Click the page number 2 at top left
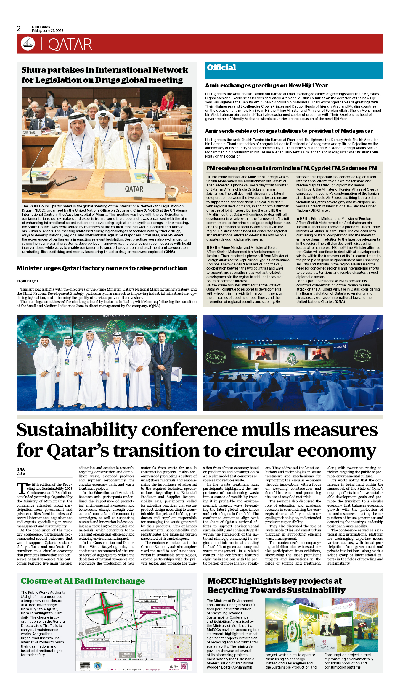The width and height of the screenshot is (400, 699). pos(19,29)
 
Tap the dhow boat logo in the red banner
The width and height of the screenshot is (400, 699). pos(28,43)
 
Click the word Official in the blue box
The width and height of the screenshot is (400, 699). pos(221,68)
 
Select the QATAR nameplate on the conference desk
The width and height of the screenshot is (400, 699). pos(134,189)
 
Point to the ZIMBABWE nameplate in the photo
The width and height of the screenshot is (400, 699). pos(29,133)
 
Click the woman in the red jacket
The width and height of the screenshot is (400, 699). pos(167,101)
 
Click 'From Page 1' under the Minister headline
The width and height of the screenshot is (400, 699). pos(27,281)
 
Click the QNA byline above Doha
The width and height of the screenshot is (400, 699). pos(20,469)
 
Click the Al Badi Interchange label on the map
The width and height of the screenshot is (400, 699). pos(151,612)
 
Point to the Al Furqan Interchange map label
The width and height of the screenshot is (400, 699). pos(93,648)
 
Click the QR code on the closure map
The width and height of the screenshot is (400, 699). pos(184,666)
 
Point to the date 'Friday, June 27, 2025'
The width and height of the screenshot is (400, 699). pos(48,31)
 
